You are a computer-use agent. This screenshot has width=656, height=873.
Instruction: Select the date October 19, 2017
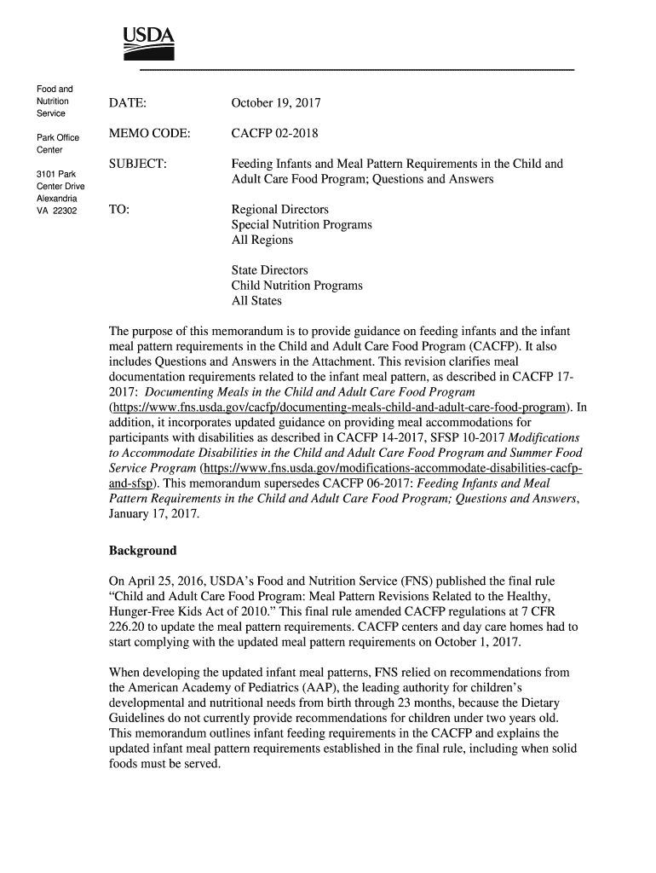276,103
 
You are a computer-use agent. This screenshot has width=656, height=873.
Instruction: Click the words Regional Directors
279,210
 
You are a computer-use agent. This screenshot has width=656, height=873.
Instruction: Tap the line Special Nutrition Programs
302,225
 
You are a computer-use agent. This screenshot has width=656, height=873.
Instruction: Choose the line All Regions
262,240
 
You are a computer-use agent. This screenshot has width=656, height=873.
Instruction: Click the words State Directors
270,270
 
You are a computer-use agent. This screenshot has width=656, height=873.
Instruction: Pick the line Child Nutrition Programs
296,286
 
